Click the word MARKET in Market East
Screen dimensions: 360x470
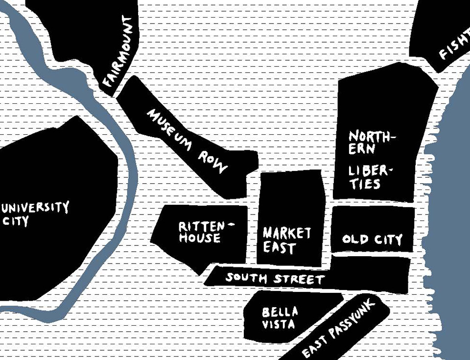click(287, 233)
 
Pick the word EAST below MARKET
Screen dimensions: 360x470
click(280, 247)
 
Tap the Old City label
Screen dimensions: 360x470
click(372, 240)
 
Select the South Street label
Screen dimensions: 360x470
click(275, 279)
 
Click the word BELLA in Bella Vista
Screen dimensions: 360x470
click(280, 312)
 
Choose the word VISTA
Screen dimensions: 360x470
click(279, 324)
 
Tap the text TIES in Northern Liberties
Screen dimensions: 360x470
click(365, 184)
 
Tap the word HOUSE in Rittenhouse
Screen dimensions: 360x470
click(199, 238)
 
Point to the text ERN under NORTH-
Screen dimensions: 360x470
click(362, 148)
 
